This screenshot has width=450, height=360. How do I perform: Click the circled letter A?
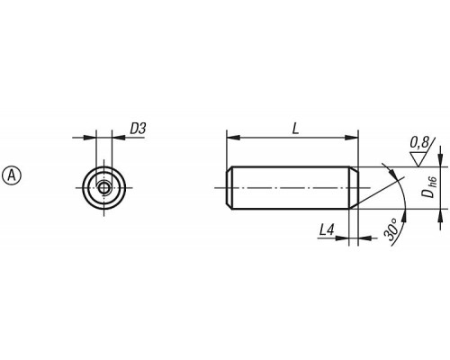click(x=12, y=175)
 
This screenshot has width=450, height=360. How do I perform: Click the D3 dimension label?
click(x=138, y=129)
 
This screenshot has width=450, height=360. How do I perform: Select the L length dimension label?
click(x=296, y=129)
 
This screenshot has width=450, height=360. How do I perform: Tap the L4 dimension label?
click(x=327, y=230)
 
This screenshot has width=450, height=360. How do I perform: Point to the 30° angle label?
click(x=391, y=229)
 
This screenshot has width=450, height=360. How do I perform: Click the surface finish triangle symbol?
click(x=418, y=159)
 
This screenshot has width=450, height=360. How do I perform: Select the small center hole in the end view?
click(x=103, y=188)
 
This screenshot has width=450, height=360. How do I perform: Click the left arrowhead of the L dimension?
click(x=233, y=138)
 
